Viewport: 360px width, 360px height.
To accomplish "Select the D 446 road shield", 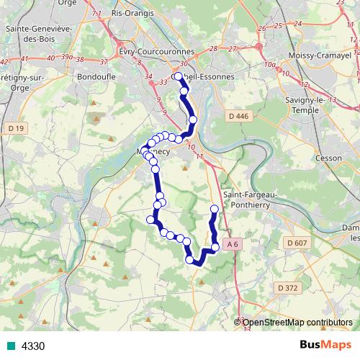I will [x=238, y=117].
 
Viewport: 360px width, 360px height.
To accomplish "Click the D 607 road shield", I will [x=296, y=243].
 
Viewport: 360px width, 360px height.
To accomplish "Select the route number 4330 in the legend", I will [x=33, y=346].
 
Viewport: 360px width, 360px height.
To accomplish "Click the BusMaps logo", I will [x=326, y=345].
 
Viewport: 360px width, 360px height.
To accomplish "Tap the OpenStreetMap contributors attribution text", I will [x=297, y=323].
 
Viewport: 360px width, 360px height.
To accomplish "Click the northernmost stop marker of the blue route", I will [x=178, y=76].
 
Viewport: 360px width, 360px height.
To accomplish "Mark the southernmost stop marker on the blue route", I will [x=191, y=261].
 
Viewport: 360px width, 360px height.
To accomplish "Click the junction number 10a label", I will [x=270, y=65].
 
